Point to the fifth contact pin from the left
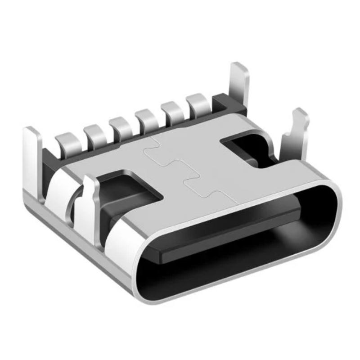coord(172,108)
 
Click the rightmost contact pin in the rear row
coord(198,101)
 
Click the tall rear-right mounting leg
coord(239,85)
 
